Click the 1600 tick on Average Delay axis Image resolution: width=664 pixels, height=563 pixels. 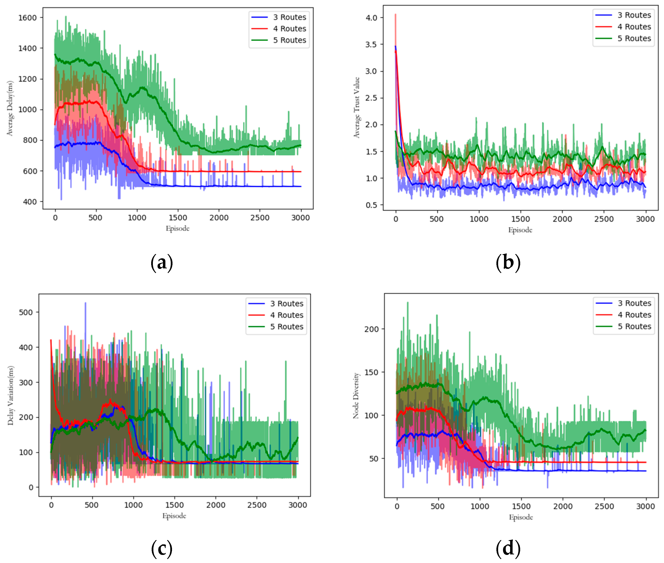[x=27, y=18]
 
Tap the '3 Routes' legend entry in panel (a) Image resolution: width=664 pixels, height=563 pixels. [x=289, y=17]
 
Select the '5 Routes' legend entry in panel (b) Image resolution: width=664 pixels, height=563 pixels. [x=634, y=39]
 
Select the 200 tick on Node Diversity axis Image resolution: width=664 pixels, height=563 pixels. [x=371, y=329]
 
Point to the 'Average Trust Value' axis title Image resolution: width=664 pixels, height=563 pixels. [x=357, y=107]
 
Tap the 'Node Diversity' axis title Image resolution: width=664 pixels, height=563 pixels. [x=356, y=396]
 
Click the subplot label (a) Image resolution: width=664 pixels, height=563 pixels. [x=162, y=263]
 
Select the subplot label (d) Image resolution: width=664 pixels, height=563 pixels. [x=508, y=548]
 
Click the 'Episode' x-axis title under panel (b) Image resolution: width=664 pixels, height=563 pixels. [x=520, y=230]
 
